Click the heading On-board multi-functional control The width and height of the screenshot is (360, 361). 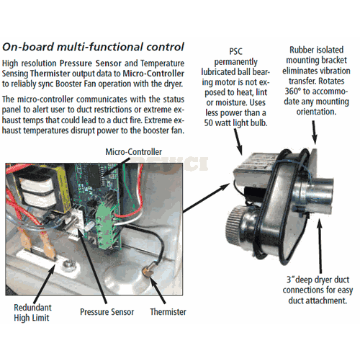(x=93, y=47)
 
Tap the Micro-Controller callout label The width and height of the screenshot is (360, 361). (x=133, y=152)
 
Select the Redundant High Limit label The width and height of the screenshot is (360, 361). (x=32, y=313)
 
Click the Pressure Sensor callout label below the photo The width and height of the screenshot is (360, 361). (x=107, y=312)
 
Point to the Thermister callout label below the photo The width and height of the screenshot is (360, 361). (x=168, y=312)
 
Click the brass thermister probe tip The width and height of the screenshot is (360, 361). (x=146, y=272)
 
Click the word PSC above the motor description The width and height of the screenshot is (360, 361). (x=235, y=51)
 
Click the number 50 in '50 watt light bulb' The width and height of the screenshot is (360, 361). (x=208, y=122)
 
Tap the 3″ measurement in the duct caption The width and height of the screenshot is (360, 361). (x=290, y=280)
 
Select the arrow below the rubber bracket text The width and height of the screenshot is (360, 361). (x=315, y=133)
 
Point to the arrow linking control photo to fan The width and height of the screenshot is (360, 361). (x=207, y=197)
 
